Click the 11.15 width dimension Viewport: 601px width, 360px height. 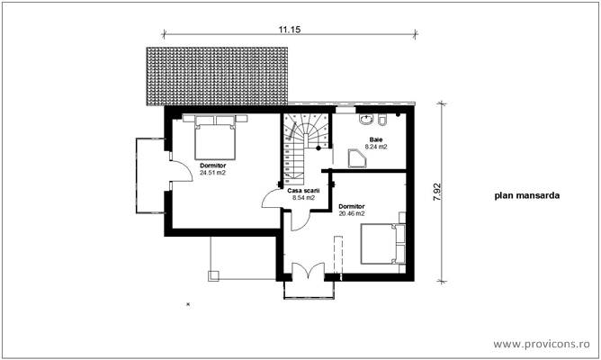pos(288,30)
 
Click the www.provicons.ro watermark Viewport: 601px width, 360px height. pos(543,345)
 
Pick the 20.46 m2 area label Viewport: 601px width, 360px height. pos(351,214)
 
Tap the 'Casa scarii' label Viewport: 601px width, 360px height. pos(303,191)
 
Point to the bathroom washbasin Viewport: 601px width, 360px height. pos(367,119)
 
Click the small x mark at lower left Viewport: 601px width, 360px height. pos(187,305)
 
